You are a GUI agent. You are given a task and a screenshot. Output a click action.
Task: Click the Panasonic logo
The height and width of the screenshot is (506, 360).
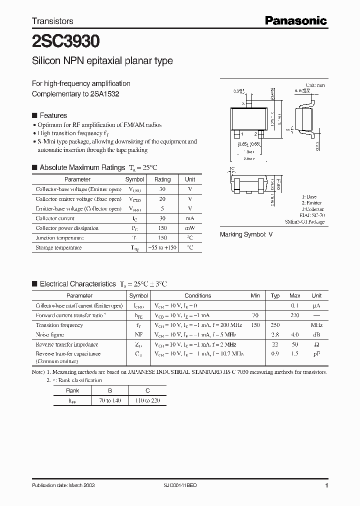click(295, 20)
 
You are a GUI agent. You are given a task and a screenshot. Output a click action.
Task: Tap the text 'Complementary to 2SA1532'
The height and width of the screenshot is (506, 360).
click(75, 93)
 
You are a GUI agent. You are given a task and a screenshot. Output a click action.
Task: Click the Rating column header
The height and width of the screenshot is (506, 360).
click(162, 179)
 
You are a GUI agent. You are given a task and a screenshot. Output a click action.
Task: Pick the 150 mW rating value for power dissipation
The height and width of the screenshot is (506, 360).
click(162, 228)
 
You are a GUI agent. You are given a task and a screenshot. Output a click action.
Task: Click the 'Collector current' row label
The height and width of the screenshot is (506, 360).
click(55, 218)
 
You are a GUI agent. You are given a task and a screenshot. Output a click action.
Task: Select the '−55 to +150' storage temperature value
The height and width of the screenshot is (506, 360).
click(162, 247)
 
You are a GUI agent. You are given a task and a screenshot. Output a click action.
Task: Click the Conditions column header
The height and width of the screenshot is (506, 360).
click(198, 295)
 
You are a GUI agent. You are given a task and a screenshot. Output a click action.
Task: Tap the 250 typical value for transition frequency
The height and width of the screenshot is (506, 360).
click(275, 325)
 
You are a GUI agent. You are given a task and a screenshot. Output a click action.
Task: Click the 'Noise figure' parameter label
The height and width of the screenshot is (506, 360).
click(49, 334)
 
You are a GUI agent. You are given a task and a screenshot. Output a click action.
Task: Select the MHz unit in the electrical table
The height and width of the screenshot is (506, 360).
click(316, 325)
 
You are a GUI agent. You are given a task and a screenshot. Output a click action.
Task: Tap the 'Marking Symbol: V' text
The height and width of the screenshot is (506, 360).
click(246, 234)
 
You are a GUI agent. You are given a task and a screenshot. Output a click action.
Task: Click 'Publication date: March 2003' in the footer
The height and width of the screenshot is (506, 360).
click(63, 485)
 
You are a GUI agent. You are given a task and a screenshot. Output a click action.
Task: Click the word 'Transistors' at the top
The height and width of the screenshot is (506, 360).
click(52, 21)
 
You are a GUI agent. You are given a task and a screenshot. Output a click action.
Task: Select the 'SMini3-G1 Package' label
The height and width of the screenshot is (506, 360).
click(304, 221)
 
